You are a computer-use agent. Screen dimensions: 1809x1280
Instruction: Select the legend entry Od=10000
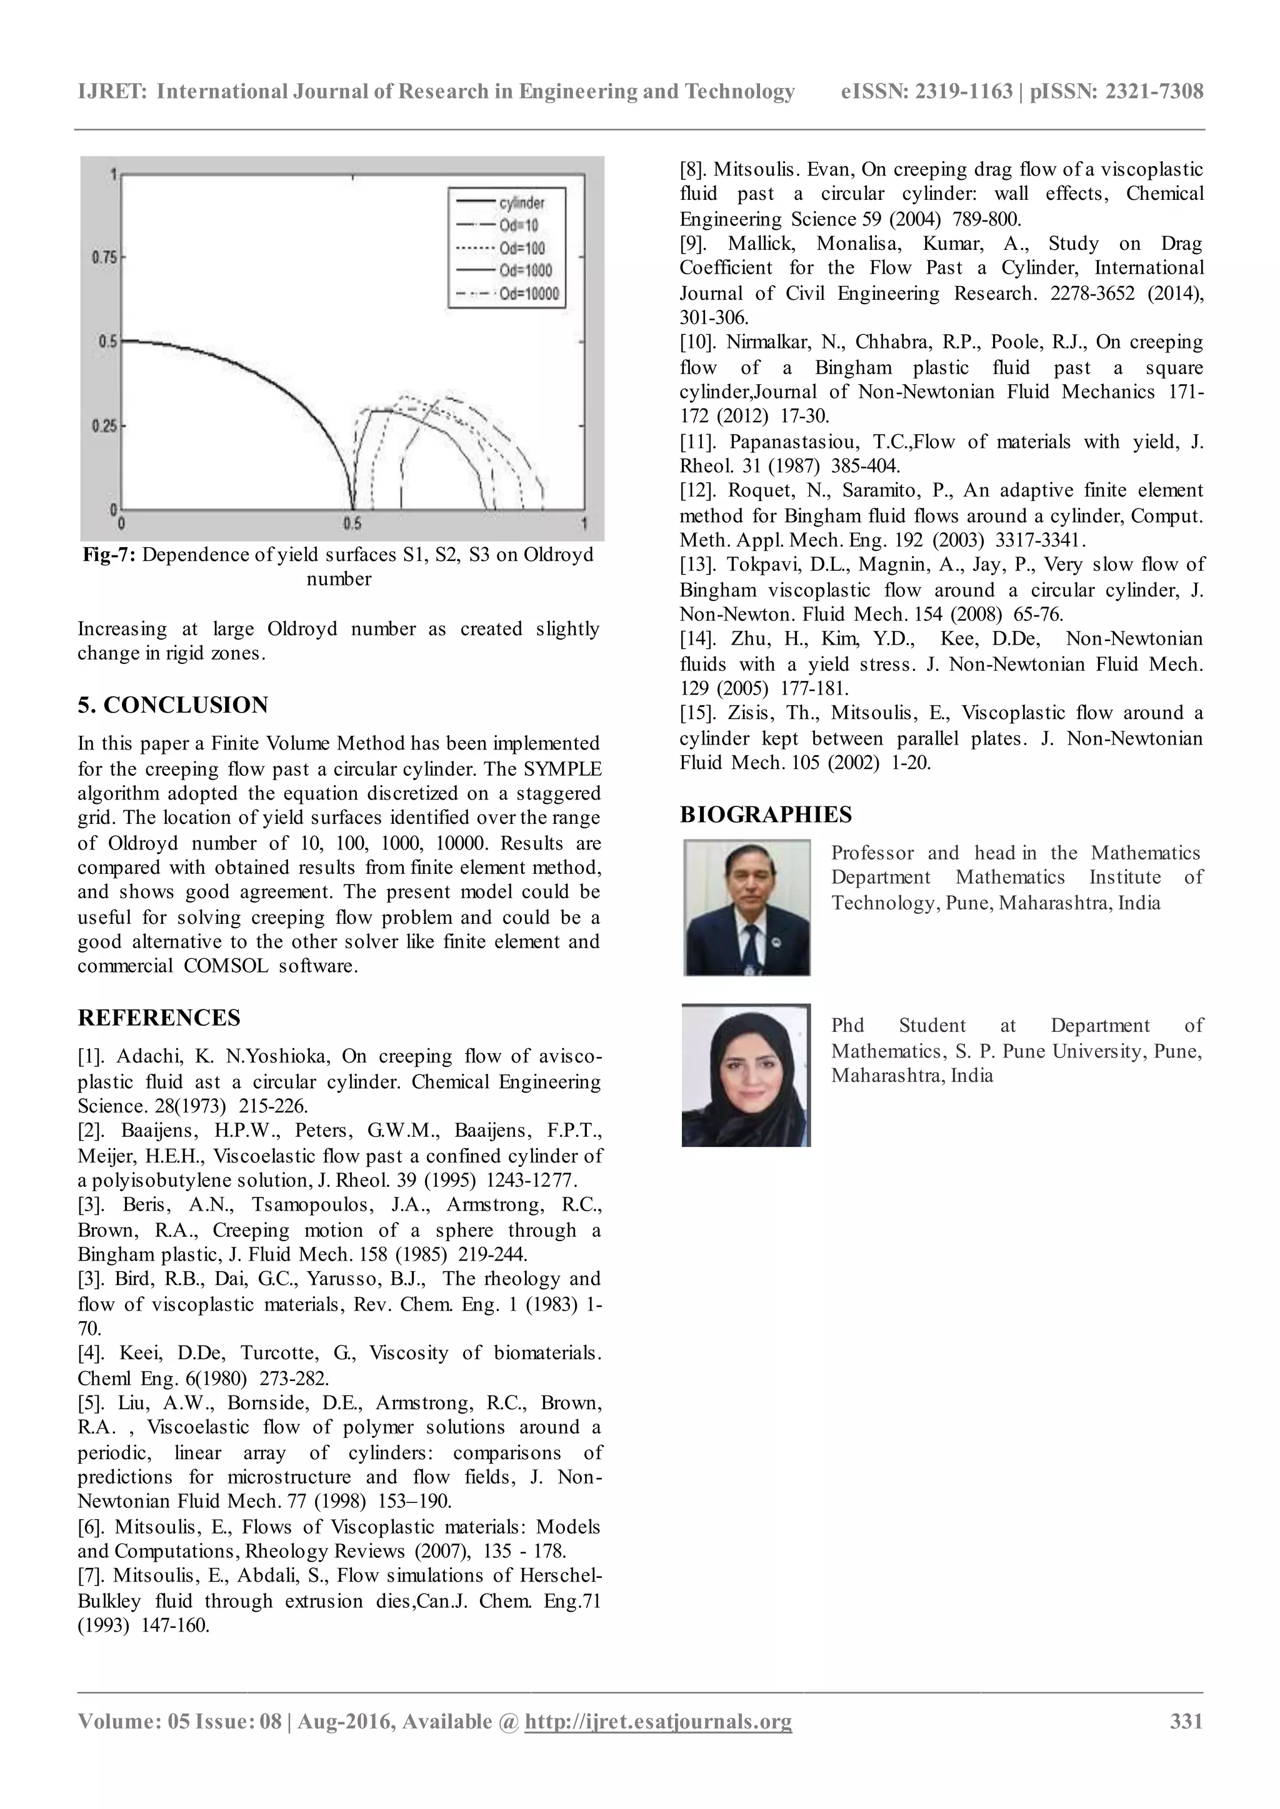(527, 294)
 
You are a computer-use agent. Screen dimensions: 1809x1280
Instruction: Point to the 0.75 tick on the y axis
(104, 257)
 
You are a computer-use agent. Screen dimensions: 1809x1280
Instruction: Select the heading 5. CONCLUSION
(172, 705)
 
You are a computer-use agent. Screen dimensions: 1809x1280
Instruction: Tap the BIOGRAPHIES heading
(766, 814)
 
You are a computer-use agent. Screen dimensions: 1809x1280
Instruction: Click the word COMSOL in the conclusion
(226, 966)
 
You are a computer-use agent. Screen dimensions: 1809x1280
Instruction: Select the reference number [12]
(697, 491)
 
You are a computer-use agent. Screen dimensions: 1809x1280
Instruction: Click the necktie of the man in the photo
(749, 946)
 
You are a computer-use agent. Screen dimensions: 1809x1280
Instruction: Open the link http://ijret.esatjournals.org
(658, 1722)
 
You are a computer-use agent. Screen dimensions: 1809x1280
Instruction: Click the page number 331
(1186, 1722)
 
